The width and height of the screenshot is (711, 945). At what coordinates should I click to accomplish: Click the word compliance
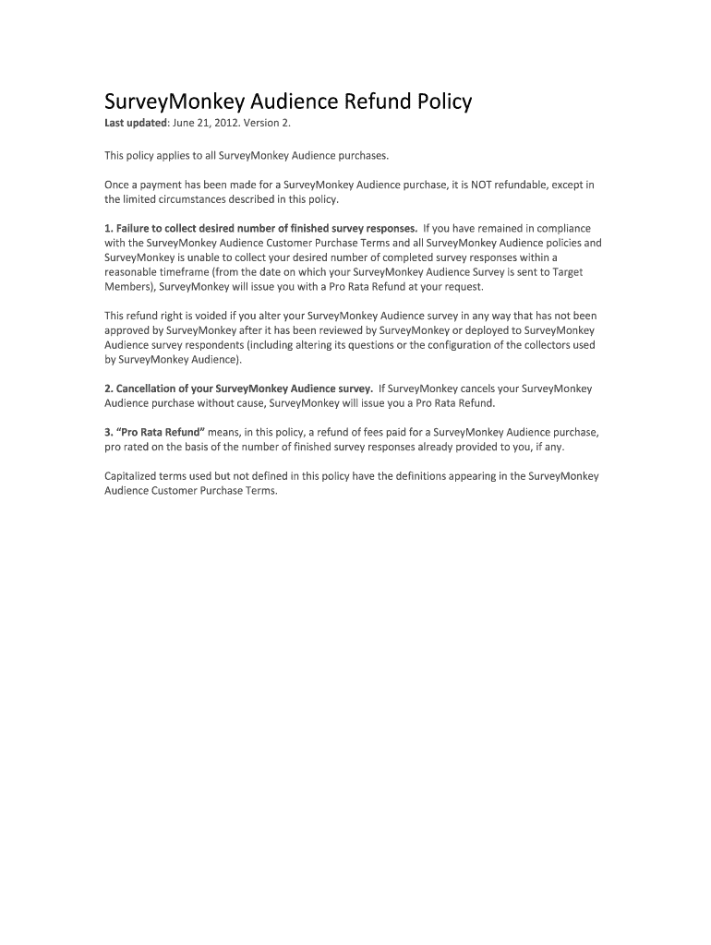559,228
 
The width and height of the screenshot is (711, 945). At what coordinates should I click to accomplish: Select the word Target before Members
566,272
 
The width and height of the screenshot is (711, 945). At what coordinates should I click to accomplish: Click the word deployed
495,330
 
